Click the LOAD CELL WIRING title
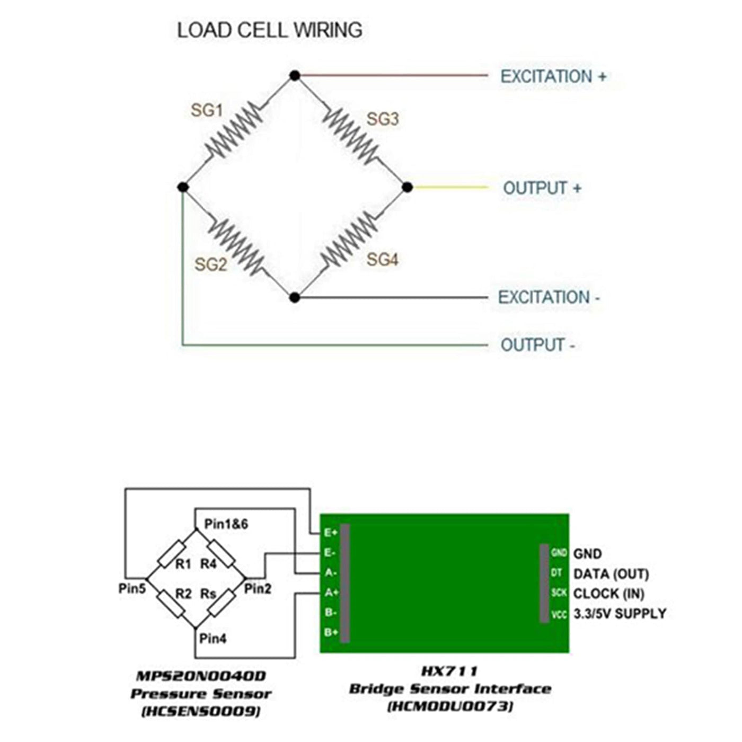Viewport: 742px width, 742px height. [269, 30]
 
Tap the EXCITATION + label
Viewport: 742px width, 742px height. [553, 77]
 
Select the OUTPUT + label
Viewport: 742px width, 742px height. [542, 188]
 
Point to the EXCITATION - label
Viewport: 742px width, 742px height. [549, 297]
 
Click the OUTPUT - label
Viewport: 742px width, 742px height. [537, 345]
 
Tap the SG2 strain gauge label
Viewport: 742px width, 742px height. [210, 264]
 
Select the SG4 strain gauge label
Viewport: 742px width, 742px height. [382, 260]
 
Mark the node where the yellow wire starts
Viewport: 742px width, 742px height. [407, 187]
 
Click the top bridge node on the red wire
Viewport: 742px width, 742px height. [295, 76]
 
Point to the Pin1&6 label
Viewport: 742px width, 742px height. [226, 524]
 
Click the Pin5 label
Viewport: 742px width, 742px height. [132, 588]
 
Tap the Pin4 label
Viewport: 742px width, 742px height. [213, 639]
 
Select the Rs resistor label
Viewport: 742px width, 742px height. [208, 594]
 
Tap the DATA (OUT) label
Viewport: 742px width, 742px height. [611, 574]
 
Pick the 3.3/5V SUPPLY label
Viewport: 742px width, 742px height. [620, 614]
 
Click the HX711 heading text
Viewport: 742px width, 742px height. [449, 672]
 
